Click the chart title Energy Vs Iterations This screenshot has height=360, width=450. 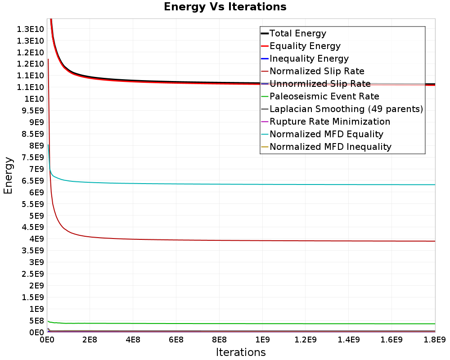225,7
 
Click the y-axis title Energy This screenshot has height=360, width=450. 8,175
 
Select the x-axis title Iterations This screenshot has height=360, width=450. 241,352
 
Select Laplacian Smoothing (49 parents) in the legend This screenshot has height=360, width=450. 342,109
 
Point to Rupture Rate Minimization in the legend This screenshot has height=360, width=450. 325,121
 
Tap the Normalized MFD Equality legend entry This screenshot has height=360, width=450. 322,135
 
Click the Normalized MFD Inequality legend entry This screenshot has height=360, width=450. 326,147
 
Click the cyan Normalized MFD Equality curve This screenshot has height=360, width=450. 241,184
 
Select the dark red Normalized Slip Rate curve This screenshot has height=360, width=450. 241,240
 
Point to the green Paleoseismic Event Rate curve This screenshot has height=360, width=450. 241,324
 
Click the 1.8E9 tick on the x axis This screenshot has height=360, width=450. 435,340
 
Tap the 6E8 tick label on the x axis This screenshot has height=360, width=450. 176,340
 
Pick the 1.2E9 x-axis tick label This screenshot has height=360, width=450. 306,340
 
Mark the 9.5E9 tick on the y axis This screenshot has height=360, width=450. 33,111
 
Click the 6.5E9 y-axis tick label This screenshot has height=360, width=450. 33,180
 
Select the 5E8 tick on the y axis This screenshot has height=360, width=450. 36,321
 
